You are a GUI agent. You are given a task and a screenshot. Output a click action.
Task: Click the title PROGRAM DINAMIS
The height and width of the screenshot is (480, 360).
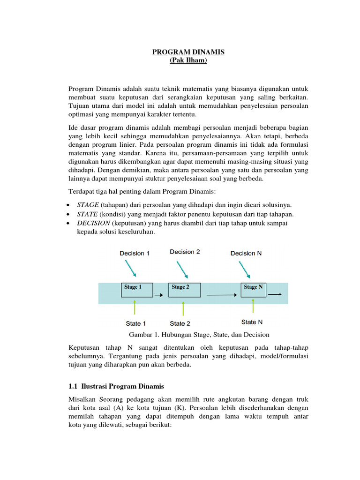point(188,53)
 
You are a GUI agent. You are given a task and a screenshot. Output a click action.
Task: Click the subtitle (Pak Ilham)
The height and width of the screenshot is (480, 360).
point(188,61)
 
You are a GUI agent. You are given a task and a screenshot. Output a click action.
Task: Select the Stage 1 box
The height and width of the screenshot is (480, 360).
point(137,290)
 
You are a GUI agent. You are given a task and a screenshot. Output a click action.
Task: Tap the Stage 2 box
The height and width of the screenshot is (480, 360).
point(184,290)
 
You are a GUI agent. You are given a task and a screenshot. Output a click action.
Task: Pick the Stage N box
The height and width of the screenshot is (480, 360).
point(254,290)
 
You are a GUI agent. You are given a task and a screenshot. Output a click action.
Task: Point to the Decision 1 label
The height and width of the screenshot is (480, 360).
point(135,253)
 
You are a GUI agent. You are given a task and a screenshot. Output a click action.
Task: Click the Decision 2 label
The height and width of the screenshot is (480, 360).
point(185,252)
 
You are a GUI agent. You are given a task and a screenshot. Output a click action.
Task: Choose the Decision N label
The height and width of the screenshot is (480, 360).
point(246,253)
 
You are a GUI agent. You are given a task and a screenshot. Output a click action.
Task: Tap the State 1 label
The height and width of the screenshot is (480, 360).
point(136,323)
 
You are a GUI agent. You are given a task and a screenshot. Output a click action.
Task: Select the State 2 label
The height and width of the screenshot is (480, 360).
point(180,323)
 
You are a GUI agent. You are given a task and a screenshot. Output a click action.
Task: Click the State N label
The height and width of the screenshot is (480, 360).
point(252,322)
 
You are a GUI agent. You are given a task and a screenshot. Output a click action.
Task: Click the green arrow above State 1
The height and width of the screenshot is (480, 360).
point(135,307)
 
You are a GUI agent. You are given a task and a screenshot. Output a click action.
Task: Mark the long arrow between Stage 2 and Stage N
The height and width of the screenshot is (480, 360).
point(221,295)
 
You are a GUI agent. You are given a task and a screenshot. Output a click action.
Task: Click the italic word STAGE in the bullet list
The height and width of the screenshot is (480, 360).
point(88,205)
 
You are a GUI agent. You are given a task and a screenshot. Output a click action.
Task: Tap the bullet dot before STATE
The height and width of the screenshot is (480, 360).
point(69,214)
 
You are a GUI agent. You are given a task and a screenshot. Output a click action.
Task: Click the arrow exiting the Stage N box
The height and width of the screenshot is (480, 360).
point(275,294)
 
